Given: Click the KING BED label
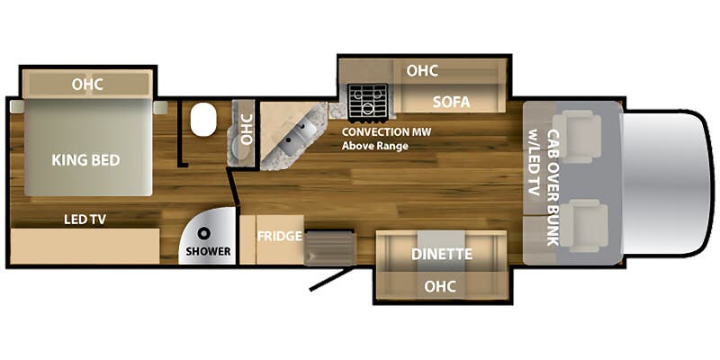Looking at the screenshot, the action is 85,160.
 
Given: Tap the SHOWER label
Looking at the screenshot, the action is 208,252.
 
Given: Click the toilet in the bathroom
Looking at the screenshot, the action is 203,120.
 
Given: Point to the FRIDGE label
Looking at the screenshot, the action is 279,237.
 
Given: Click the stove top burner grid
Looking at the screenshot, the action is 367,102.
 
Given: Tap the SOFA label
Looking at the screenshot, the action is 452,103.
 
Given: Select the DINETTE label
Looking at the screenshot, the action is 442,254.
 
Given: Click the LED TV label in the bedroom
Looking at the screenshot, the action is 85,220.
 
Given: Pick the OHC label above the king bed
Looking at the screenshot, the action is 87,85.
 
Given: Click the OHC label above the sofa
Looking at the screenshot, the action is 422,71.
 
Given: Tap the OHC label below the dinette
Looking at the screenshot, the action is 440,286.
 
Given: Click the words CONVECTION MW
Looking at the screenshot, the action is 387,132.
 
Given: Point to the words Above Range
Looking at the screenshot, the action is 375,147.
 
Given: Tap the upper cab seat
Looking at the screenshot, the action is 577,137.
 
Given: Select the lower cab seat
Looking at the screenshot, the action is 583,226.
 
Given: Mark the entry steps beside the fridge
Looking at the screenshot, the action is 329,247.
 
